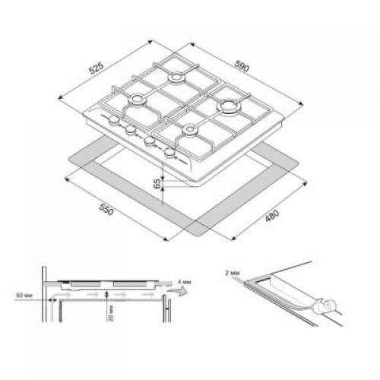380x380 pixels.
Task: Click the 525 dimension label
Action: [x=97, y=68]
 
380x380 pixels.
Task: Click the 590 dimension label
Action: [x=242, y=66]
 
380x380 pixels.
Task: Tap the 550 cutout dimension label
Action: [x=106, y=209]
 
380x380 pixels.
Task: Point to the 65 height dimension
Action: [x=157, y=183]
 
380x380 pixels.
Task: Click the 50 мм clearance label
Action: [x=24, y=295]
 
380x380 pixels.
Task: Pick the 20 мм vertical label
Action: [x=111, y=313]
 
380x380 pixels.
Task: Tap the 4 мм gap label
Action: [x=185, y=282]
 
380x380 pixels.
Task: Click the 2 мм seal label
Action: [x=232, y=273]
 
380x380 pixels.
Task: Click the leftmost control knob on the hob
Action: [x=114, y=120]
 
